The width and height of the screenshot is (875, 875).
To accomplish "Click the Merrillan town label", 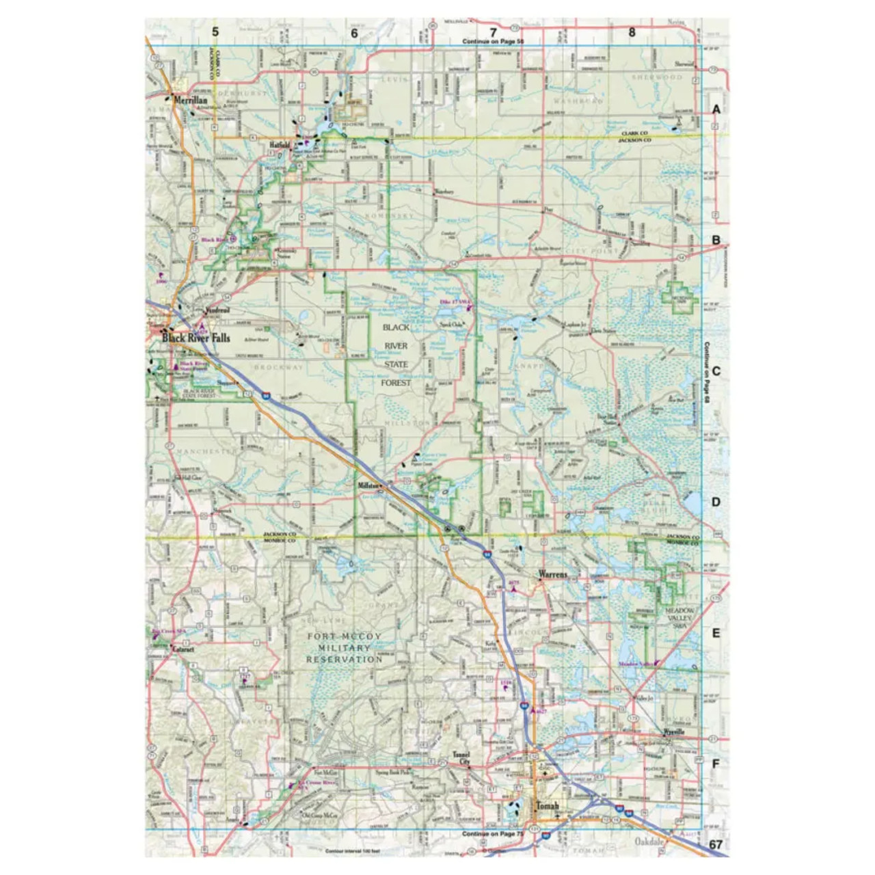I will click(190, 99).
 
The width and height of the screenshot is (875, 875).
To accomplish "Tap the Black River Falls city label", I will click(196, 338).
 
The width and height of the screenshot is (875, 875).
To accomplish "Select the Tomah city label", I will click(548, 806).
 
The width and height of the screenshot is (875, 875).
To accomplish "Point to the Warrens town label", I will click(553, 575).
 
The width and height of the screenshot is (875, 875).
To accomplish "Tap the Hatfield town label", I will click(280, 145).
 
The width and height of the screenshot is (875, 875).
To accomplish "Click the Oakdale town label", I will click(649, 840).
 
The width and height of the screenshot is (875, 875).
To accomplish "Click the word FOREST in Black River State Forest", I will click(396, 383).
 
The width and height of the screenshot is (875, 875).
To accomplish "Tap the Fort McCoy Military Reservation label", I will click(345, 648).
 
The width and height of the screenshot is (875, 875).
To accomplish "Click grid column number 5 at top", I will click(216, 31).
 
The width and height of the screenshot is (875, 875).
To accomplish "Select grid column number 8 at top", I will click(632, 31).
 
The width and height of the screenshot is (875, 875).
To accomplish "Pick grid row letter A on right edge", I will click(716, 109).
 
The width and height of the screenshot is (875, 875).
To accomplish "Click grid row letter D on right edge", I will click(716, 502).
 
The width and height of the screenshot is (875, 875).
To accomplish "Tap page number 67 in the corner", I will click(716, 844).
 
